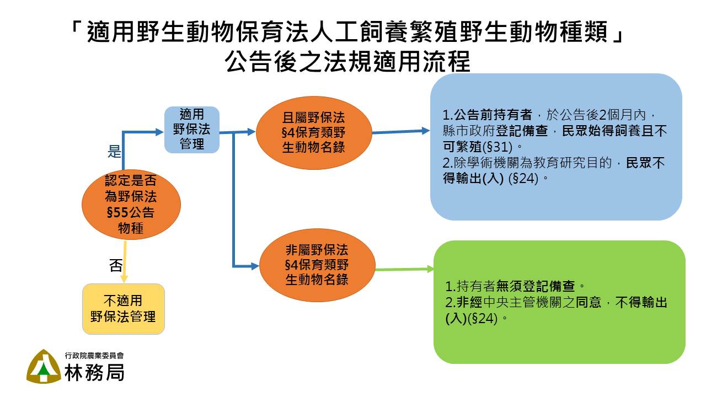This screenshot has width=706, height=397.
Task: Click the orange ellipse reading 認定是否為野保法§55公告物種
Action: point(131,205)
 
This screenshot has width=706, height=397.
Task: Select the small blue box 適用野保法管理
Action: point(191,130)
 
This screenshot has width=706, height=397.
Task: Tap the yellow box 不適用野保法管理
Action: point(124,309)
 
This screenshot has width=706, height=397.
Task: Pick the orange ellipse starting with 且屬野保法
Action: point(314,133)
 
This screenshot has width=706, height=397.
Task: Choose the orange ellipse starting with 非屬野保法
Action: point(317,265)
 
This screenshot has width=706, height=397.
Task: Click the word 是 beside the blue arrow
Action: point(114,151)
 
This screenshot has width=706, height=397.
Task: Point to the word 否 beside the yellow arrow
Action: point(116,265)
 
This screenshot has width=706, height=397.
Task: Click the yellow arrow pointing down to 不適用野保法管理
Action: point(125,261)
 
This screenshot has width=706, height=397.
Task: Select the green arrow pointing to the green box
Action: point(405,270)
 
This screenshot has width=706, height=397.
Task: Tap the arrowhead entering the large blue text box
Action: point(425,131)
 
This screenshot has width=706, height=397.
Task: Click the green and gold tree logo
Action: point(44,367)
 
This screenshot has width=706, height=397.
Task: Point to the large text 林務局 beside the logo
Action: point(94,372)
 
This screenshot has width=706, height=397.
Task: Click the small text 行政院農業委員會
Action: point(94,356)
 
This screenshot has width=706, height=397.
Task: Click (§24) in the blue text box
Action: point(523,179)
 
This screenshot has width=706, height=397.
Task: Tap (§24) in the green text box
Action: point(483,319)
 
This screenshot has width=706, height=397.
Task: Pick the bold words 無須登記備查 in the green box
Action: point(536,286)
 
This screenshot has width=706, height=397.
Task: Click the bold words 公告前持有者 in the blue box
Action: point(493,115)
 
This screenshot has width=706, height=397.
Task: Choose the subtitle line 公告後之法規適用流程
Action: point(347,61)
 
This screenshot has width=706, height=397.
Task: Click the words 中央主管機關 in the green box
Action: point(522,302)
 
